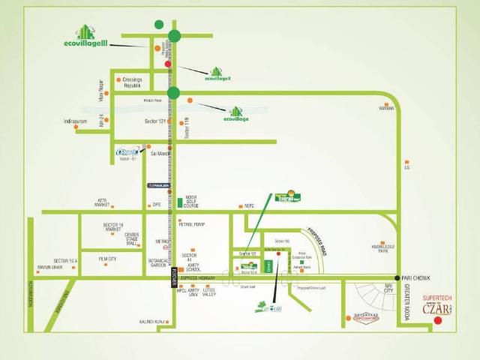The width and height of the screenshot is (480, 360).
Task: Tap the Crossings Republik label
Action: (131, 82)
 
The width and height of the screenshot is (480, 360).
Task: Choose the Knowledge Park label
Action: (385, 248)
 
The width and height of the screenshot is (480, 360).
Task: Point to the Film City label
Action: (108, 259)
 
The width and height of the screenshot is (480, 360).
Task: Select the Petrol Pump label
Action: (192, 223)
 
